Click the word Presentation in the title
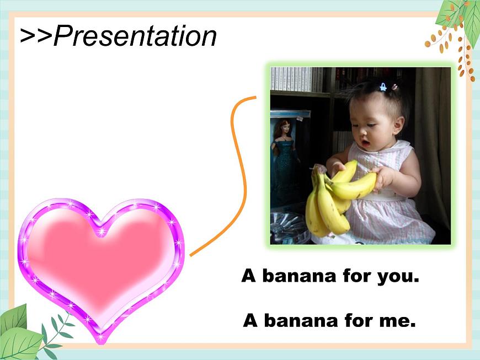click(x=135, y=36)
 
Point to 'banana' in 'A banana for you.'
click(x=300, y=276)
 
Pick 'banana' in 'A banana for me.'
click(x=301, y=320)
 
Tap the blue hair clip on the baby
click(x=383, y=87)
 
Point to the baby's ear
click(x=399, y=125)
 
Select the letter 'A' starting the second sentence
click(x=250, y=320)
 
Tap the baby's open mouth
click(x=365, y=143)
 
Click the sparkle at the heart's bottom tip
click(x=100, y=337)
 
